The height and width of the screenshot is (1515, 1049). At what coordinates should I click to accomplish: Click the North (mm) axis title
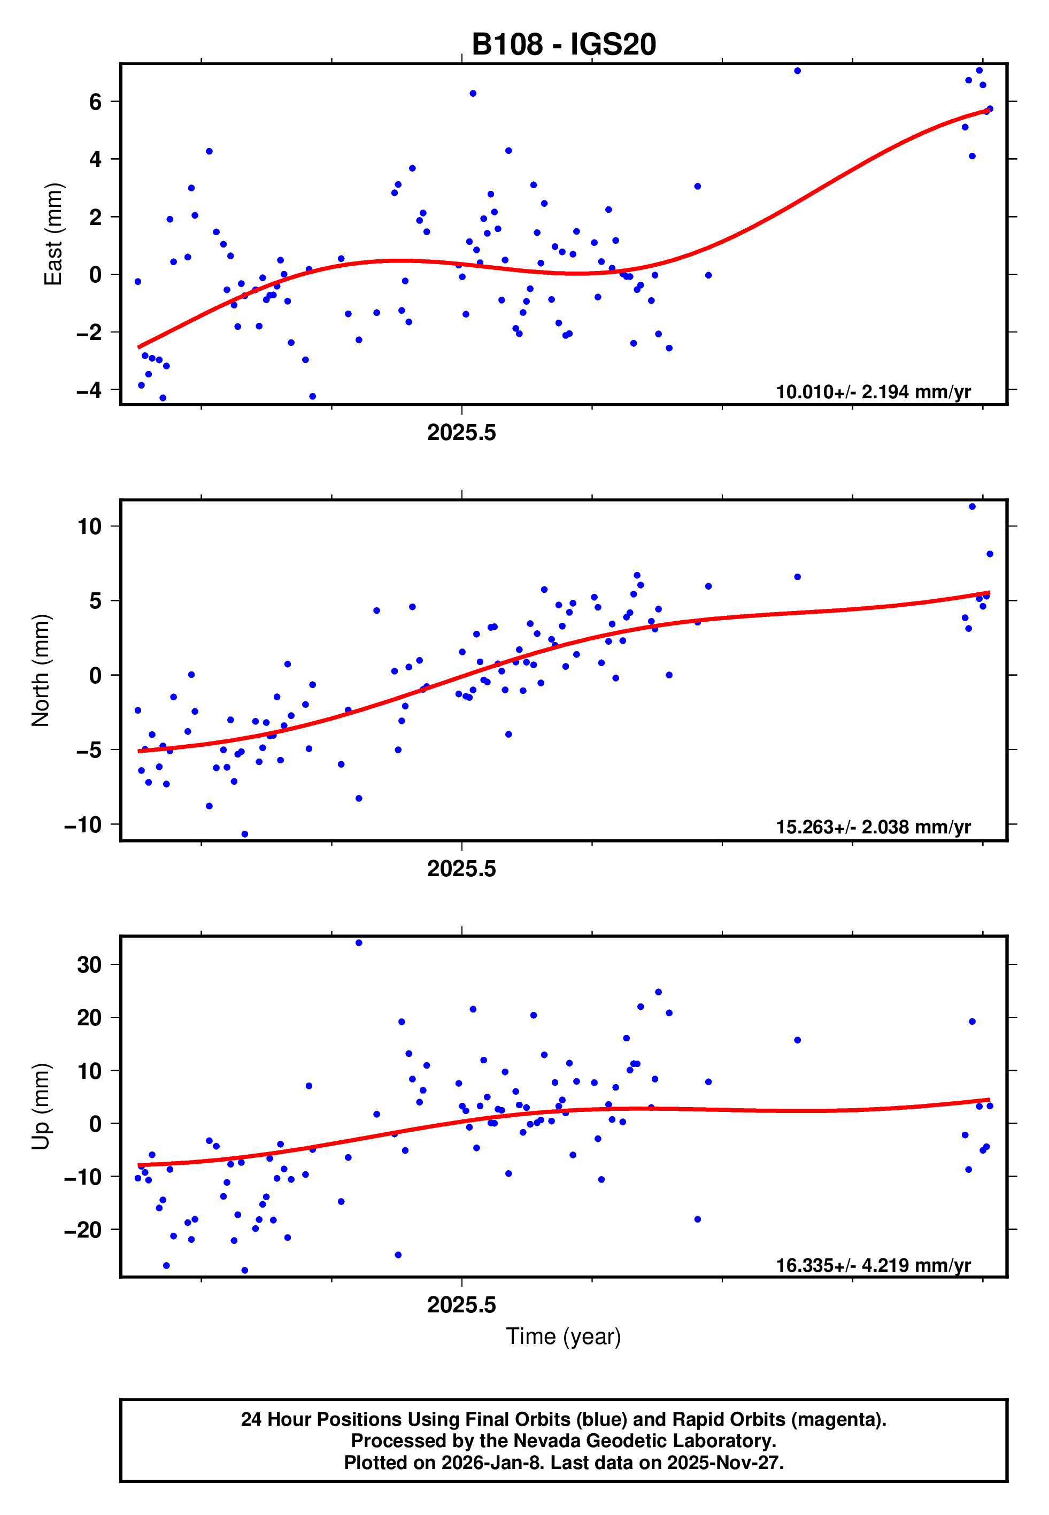[41, 670]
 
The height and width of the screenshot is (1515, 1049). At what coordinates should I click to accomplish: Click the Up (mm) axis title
[41, 1107]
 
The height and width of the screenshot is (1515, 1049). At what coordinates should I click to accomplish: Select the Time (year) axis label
[564, 1336]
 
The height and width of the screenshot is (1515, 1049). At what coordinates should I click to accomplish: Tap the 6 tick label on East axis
[96, 102]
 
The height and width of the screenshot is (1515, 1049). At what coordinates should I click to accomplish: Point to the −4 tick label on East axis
[89, 390]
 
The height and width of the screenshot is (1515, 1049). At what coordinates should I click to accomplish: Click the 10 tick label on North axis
[90, 526]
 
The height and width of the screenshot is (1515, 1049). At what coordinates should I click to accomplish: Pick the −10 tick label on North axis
[83, 824]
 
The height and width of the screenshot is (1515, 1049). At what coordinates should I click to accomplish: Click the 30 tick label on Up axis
[90, 965]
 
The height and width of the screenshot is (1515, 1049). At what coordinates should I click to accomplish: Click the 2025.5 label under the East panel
[461, 433]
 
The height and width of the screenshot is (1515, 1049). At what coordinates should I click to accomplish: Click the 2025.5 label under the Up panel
[461, 1305]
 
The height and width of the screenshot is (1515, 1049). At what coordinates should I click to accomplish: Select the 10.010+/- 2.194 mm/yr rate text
[873, 392]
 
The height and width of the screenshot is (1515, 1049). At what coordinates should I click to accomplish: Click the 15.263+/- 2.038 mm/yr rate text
[873, 827]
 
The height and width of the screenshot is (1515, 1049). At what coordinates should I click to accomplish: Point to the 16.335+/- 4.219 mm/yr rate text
[873, 1265]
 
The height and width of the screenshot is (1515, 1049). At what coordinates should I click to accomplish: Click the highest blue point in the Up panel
[359, 943]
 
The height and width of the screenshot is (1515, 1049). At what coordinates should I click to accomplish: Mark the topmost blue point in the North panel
[972, 507]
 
